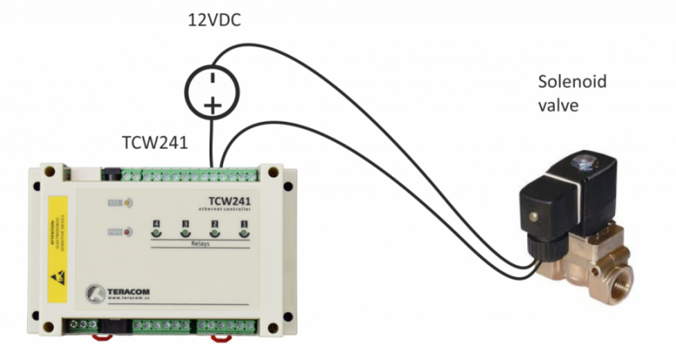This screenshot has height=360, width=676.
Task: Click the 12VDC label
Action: pos(214,19)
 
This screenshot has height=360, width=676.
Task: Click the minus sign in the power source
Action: pos(213,78)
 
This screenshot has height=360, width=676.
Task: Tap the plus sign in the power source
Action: pos(213,105)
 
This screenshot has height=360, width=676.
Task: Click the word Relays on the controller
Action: pos(200,244)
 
